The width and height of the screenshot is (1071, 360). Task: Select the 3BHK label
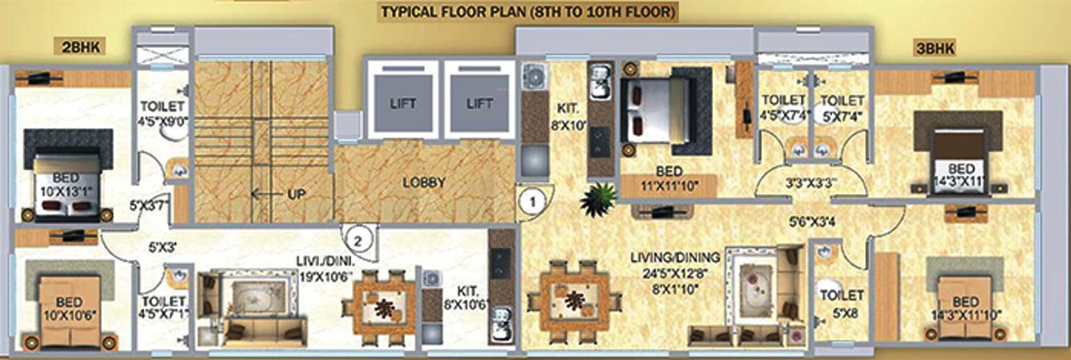pos(933,48)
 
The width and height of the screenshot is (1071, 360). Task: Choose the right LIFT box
pos(479,103)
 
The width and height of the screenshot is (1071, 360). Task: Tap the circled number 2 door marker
pos(360,239)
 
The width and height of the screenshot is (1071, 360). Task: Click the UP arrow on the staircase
pos(273,193)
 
